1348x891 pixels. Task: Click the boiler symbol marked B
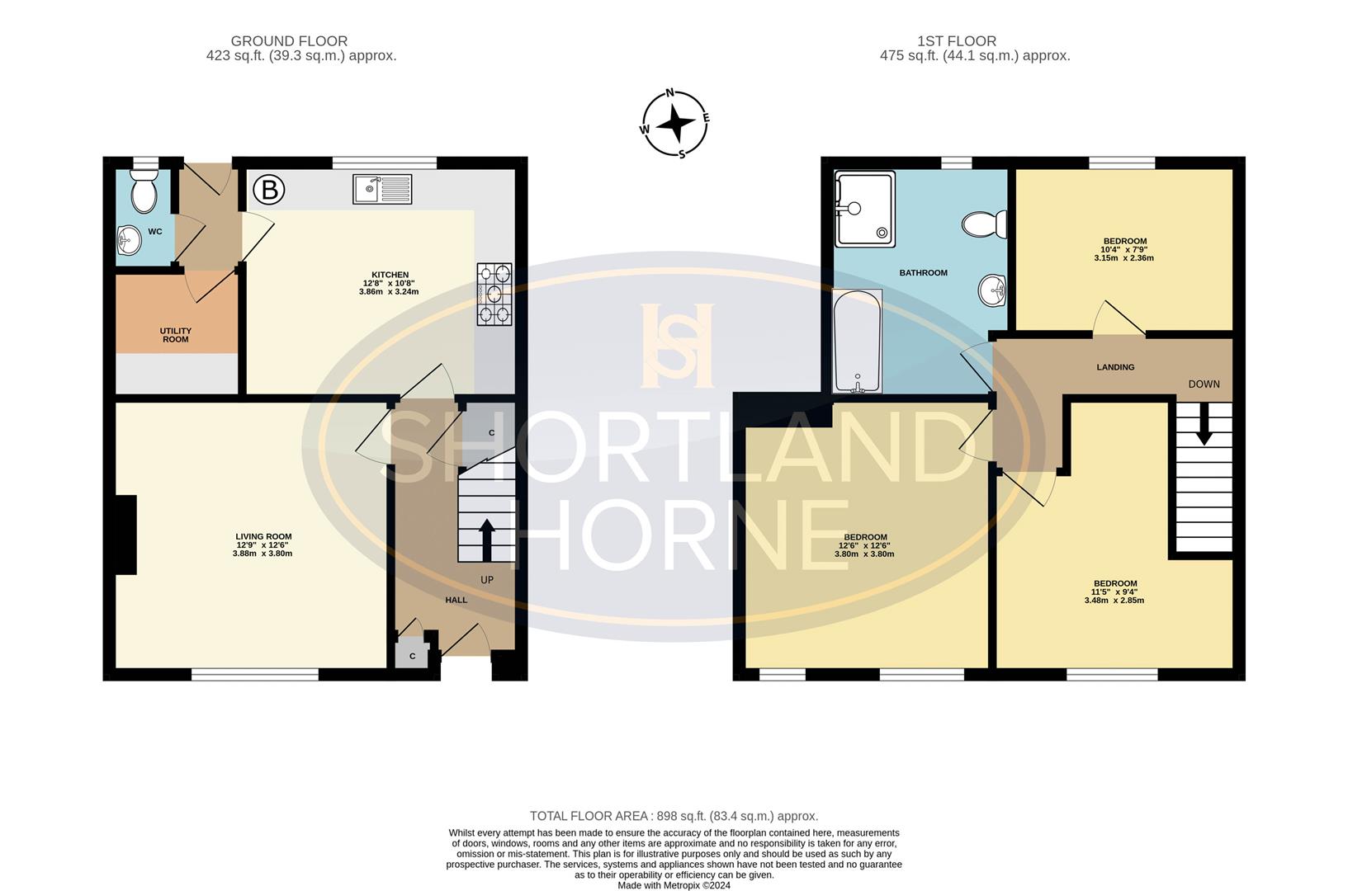(269, 190)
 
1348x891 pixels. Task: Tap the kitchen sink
(382, 189)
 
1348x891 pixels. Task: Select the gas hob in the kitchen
(494, 295)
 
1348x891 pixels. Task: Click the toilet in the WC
(144, 191)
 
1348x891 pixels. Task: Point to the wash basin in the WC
(129, 241)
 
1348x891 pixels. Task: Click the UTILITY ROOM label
(175, 335)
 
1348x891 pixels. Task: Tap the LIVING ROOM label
(263, 536)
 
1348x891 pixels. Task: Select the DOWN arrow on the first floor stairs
(1204, 423)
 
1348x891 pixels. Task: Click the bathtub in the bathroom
(858, 341)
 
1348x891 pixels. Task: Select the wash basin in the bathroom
(993, 290)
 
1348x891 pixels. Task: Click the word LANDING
(1115, 367)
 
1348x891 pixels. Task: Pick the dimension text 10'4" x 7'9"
(1124, 250)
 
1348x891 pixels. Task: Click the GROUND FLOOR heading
(289, 41)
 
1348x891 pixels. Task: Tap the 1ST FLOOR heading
(957, 41)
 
